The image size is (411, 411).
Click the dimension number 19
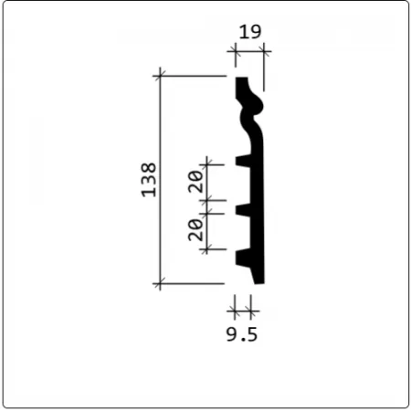250,32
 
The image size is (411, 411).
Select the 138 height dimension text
149,180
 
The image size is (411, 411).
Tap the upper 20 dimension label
195,182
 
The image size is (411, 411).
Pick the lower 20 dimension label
195,230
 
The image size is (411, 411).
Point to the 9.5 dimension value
242,334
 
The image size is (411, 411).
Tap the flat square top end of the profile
241,79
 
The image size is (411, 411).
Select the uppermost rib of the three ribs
243,161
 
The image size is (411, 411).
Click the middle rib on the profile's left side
243,210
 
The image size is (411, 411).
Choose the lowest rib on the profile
243,258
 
